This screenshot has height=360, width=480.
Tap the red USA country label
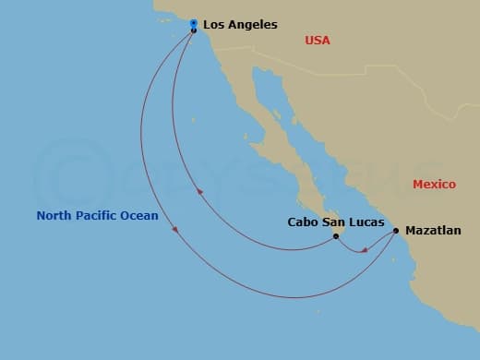click(317, 41)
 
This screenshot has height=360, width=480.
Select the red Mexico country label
click(434, 185)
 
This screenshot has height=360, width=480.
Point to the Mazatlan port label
click(433, 231)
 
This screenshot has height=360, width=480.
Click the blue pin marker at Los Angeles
click(193, 23)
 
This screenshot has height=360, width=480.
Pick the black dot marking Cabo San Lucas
click(336, 236)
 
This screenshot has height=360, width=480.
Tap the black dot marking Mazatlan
click(396, 231)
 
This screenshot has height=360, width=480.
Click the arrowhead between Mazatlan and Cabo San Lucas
click(364, 248)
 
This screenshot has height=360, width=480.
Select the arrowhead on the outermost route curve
click(175, 232)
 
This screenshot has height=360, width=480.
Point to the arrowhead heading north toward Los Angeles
click(200, 192)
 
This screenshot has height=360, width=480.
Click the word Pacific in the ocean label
click(97, 216)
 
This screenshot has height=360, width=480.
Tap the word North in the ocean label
click(54, 216)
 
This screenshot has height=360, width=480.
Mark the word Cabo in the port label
click(304, 222)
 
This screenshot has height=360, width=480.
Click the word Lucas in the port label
click(365, 222)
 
